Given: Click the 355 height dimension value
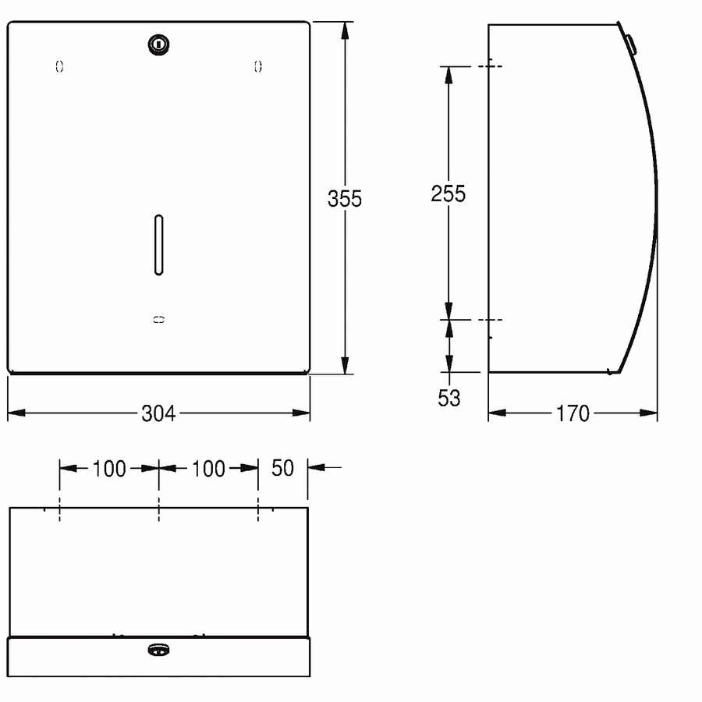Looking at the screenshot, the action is pos(344,199).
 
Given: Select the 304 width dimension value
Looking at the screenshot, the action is pos(158,413).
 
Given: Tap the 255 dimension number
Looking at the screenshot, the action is pos(448,194).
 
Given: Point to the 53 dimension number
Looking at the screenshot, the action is pos(449,398).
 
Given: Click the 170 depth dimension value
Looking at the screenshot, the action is pos(573,413).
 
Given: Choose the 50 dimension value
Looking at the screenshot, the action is pos(282,468).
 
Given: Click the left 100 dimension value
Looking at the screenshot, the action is pos(109,470).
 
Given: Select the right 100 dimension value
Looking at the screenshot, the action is pos(208,470).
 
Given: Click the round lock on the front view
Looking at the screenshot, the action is pos(158,44).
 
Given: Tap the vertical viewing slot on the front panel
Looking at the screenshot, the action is pos(158,245).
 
